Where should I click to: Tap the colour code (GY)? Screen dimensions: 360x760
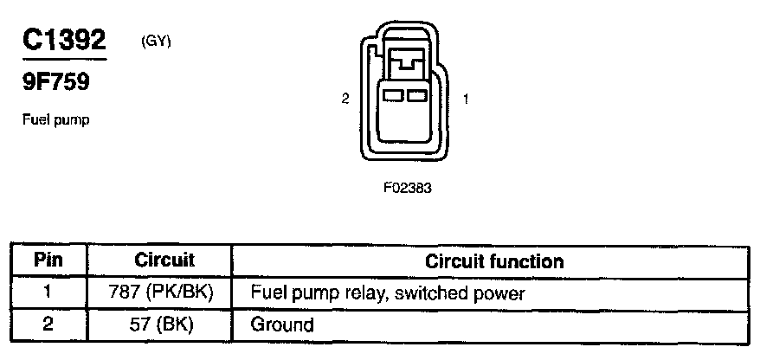pos(157,41)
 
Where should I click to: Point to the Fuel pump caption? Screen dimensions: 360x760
pos(56,120)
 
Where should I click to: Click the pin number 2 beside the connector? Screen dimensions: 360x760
pos(345,100)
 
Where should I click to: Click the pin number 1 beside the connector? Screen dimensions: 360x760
pos(466,100)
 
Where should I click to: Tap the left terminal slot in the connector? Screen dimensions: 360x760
pos(393,93)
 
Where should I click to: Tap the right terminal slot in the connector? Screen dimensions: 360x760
pos(415,93)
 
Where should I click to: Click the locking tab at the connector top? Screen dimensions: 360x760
pos(405,63)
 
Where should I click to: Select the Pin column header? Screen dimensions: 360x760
pos(48,260)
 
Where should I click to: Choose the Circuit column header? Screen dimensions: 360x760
pos(164,260)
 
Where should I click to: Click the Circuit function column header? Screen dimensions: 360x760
pos(494,260)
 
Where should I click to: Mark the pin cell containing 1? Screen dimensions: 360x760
pos(48,293)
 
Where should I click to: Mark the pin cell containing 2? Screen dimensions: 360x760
pos(48,325)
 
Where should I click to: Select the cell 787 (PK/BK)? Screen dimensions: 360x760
pos(164,293)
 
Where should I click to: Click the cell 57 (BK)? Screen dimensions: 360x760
pos(164,325)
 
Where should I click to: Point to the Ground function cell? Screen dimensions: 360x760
pos(281,325)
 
